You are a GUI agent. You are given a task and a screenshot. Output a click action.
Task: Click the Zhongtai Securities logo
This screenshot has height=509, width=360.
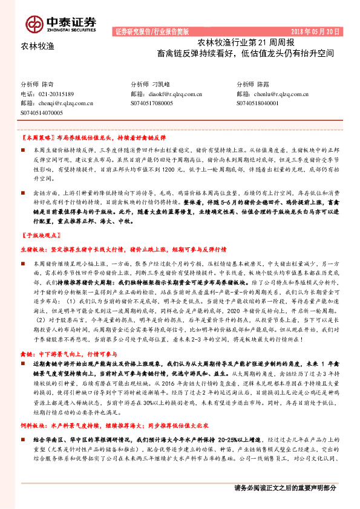pyautogui.click(x=61, y=23)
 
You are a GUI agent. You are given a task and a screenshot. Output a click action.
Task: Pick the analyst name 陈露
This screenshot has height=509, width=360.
pyautogui.click(x=263, y=85)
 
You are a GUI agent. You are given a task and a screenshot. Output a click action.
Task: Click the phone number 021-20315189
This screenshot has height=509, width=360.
pyautogui.click(x=56, y=94)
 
